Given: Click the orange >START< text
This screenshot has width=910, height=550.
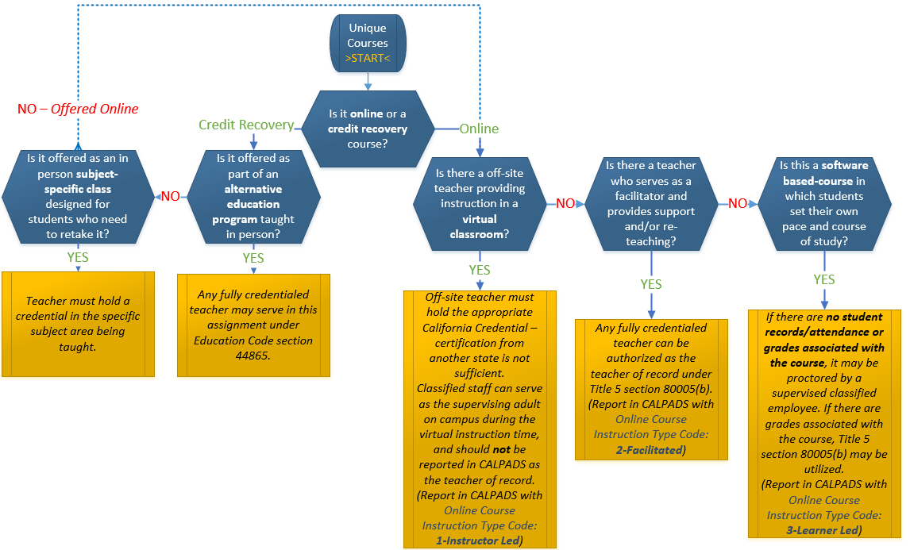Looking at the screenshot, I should pos(368,59).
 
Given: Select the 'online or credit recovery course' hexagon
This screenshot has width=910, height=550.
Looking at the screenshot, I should pos(367,129).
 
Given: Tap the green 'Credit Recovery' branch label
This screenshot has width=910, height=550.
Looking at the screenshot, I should pos(245,125).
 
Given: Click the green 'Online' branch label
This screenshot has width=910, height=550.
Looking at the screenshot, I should pos(479,129).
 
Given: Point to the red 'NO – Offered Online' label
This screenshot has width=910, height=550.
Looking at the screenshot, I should pos(78,109).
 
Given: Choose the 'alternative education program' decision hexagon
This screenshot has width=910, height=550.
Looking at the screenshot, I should pos(253,196).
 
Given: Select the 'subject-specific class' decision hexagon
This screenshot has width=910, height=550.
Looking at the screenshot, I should pos(77,196).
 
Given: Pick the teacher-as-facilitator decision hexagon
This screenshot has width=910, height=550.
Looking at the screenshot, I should pos(650,203).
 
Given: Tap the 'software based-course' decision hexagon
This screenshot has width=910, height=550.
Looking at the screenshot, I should pos(823,203).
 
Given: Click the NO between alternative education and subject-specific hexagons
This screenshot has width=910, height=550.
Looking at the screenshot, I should pos(171,196).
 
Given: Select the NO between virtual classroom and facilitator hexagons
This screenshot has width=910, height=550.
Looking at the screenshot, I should pos(565,204).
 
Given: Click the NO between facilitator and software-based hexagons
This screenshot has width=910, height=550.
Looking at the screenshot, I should pos(738,204).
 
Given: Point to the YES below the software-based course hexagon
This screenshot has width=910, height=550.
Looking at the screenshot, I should pos(823,279).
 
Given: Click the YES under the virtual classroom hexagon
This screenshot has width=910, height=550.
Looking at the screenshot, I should pos(479,270).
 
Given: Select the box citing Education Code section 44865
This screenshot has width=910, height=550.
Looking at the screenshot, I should pos(253,325).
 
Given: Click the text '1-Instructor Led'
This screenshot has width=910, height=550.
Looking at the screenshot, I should pos(479,540).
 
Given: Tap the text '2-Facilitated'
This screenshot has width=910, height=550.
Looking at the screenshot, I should pos(650,449).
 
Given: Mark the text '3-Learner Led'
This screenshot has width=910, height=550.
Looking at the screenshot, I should pos(823,530).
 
